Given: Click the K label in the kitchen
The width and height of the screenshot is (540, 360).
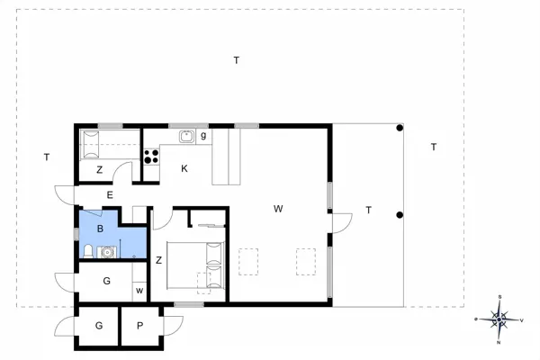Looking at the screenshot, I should point(184,168).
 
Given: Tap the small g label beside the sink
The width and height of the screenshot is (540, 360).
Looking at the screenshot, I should point(204,136).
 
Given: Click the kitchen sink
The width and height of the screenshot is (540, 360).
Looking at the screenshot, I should point(186,137).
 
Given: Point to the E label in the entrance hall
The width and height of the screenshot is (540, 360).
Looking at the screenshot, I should point(110,194).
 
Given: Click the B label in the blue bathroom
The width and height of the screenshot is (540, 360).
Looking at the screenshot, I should point(101,228).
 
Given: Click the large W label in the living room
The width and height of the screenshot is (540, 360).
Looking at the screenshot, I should point(279,209).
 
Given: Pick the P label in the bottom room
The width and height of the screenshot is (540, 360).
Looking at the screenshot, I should point(140,326).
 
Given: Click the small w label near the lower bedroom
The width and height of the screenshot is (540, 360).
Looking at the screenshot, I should point(139,291).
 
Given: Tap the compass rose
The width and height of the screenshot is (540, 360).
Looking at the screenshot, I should point(499,319).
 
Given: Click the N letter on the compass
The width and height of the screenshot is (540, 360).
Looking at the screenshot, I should point(499,342).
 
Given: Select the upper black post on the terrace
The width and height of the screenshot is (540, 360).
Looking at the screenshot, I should point(399,129).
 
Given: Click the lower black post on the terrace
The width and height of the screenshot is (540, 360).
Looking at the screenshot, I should point(399,214).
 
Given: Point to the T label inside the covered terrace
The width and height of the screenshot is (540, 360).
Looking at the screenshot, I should point(368,211).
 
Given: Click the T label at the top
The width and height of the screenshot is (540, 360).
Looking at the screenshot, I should point(237,60).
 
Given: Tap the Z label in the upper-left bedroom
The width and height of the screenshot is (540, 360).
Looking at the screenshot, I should point(99,169).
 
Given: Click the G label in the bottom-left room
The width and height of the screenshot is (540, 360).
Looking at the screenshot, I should point(98,326).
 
